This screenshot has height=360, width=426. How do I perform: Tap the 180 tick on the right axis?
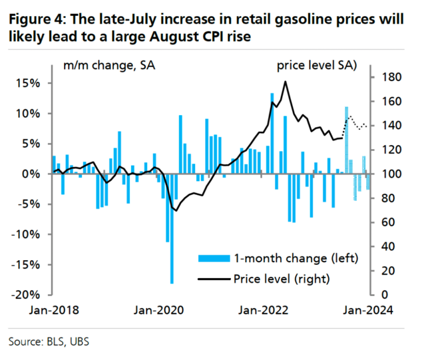385,78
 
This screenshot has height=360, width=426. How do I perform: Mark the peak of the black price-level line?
285,82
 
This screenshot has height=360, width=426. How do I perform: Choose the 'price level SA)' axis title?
316,65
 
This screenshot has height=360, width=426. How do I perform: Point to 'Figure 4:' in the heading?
33,19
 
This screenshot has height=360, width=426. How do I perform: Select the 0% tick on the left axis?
34,174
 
